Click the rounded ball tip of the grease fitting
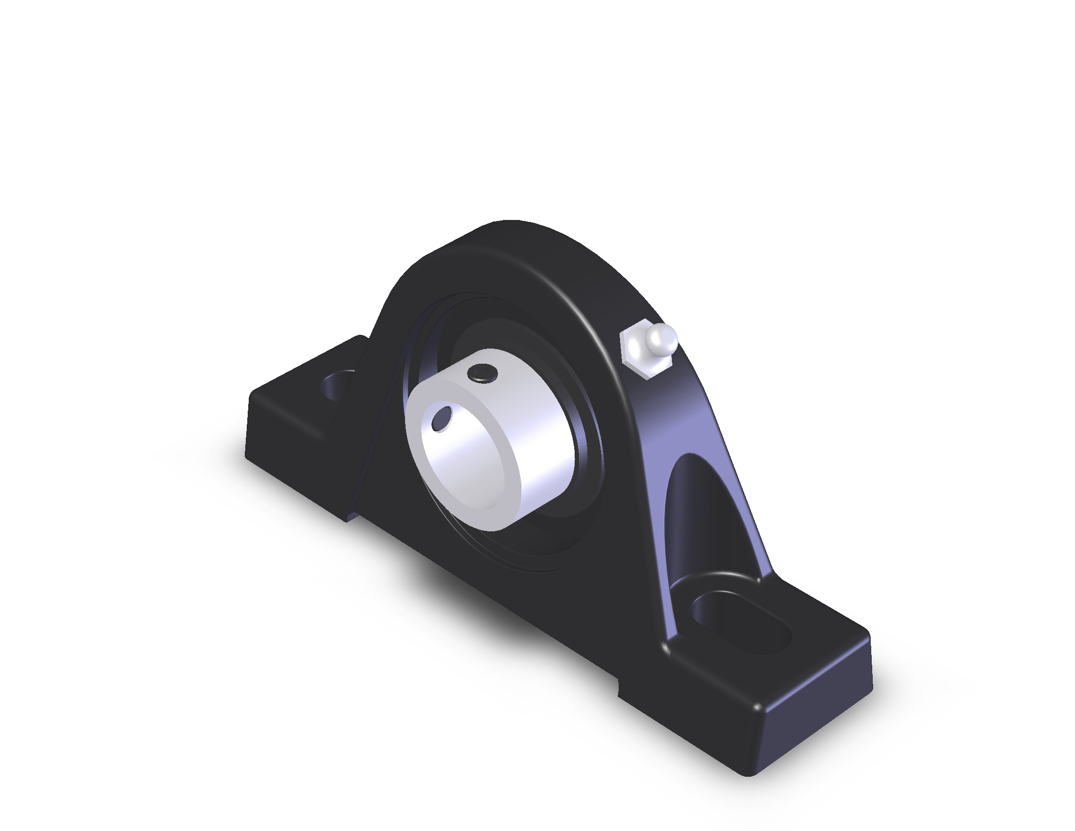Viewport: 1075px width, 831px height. [662, 338]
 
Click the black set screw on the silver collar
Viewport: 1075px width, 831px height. [483, 372]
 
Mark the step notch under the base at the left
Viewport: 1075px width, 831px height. [350, 517]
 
